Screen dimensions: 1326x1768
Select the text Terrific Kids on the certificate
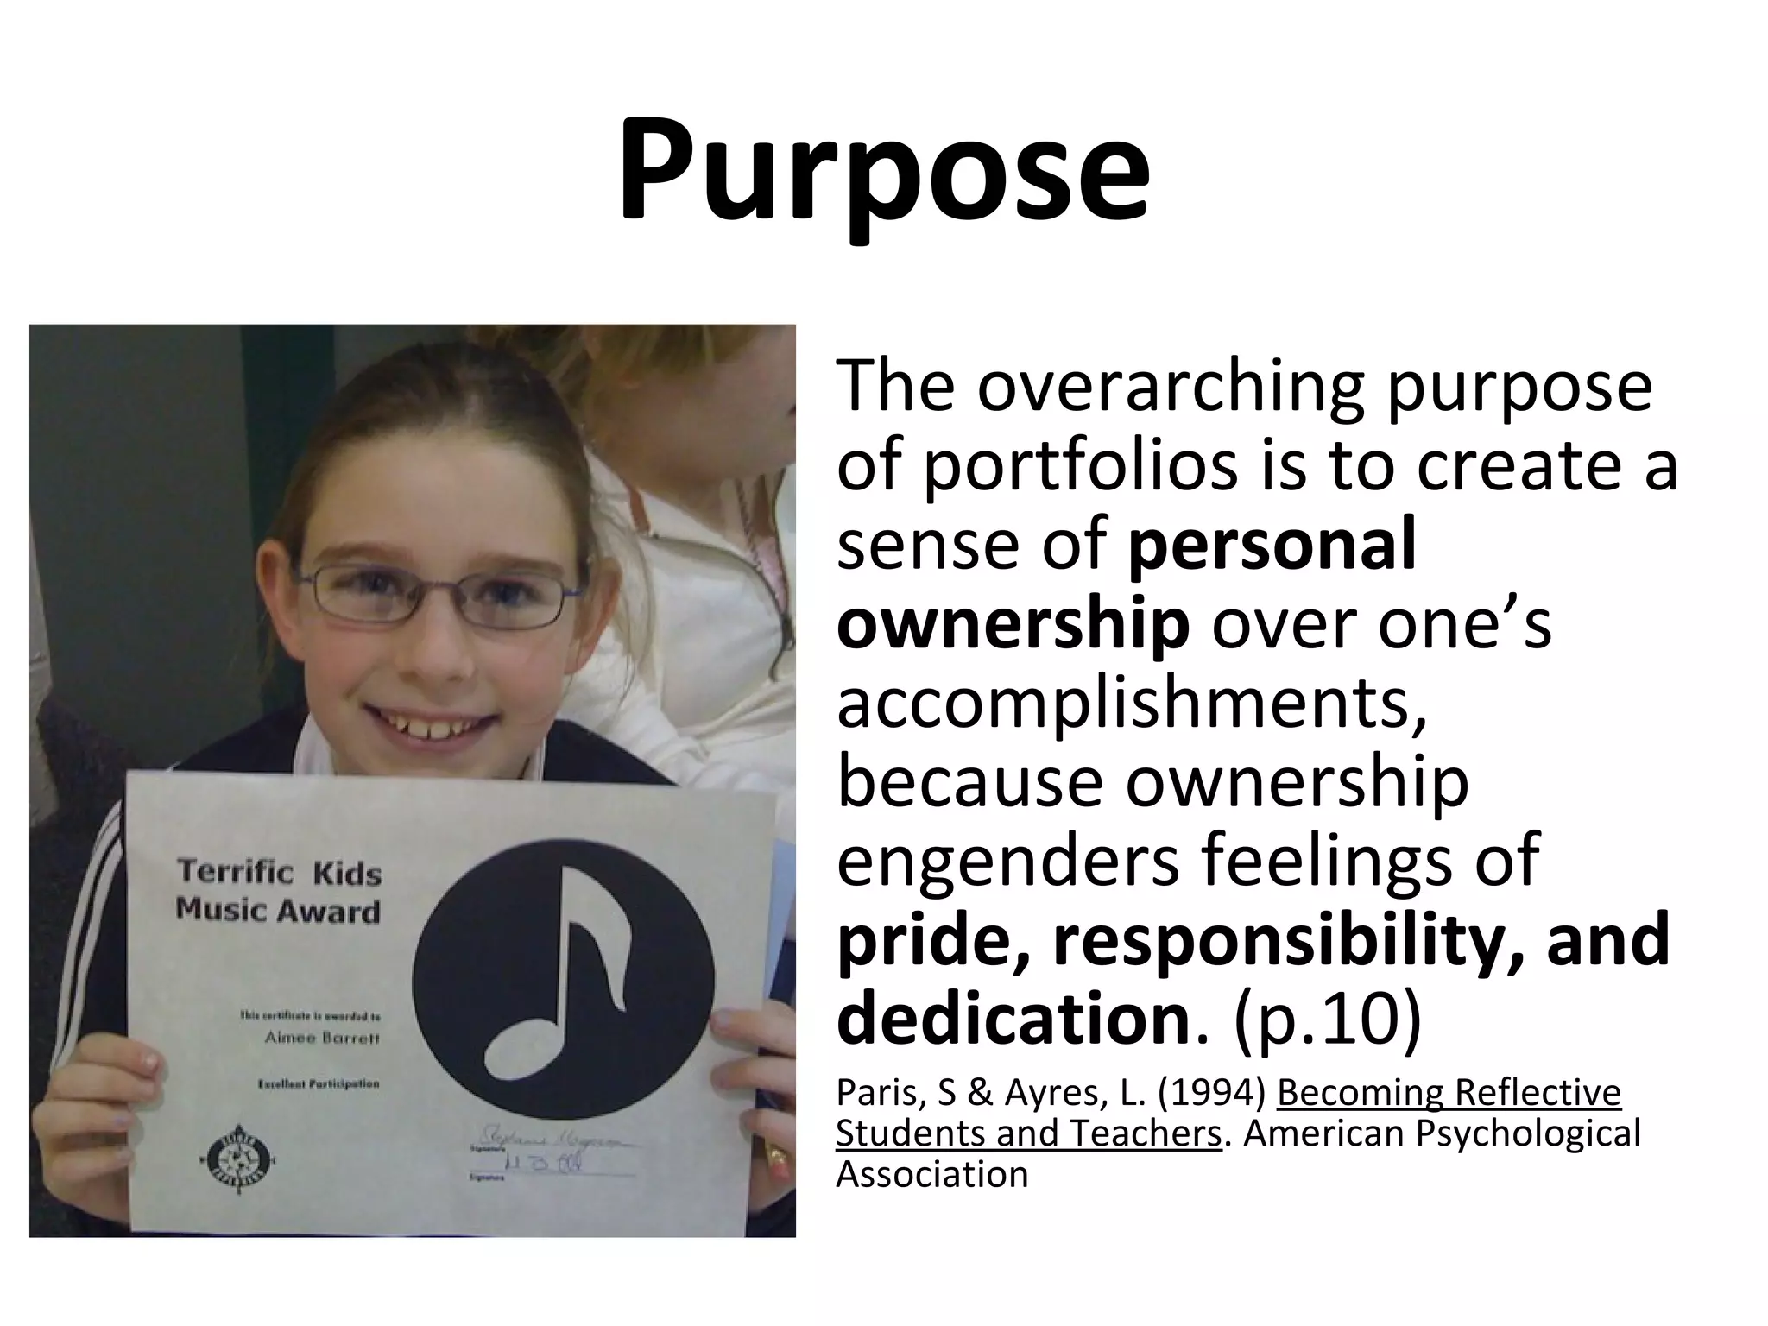[x=279, y=872]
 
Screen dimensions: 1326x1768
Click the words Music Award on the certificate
[x=278, y=911]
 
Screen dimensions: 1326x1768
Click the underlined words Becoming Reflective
[x=1449, y=1093]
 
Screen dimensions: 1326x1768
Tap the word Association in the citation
[x=932, y=1175]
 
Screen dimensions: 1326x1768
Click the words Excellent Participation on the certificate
[x=319, y=1083]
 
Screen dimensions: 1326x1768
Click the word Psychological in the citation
[x=1528, y=1133]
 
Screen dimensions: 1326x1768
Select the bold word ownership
[x=1013, y=623]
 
